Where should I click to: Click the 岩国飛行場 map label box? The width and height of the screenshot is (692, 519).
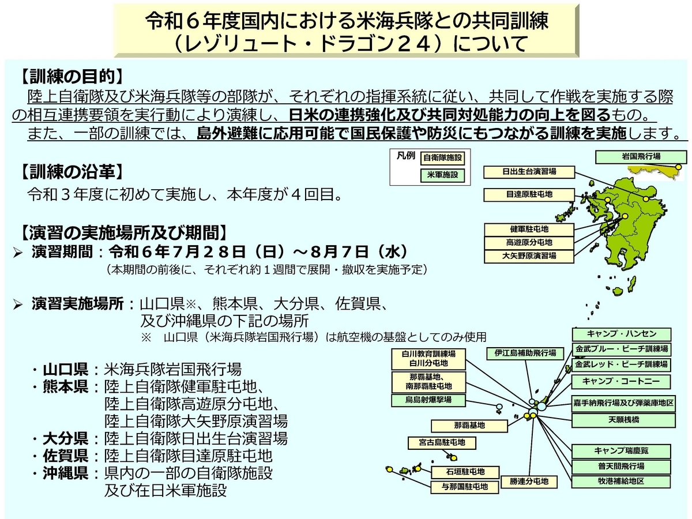tap(641, 157)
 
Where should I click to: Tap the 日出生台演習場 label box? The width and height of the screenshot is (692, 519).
tap(529, 172)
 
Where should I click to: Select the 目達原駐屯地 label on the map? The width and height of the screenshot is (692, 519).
tap(529, 195)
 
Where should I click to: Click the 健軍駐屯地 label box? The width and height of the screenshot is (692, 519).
tap(529, 230)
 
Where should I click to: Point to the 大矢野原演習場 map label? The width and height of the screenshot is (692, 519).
tap(529, 256)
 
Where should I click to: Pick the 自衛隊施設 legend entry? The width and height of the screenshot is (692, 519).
tap(442, 158)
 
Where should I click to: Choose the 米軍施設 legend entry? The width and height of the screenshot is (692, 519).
tap(442, 175)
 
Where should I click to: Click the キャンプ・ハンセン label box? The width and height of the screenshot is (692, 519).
tap(621, 334)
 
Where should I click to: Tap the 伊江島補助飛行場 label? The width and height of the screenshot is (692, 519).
tap(525, 353)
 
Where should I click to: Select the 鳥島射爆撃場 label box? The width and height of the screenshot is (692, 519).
tap(428, 400)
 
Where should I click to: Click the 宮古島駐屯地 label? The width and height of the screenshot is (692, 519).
tap(442, 443)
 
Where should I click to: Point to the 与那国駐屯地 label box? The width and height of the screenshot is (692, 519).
tap(465, 487)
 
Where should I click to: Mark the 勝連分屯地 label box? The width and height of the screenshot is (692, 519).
tap(529, 482)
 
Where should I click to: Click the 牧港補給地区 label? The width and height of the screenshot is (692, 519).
tap(620, 482)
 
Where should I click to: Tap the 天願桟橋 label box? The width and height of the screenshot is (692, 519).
tap(623, 420)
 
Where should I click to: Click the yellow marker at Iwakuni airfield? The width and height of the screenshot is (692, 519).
tap(679, 167)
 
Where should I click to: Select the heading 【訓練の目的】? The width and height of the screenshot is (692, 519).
tap(72, 76)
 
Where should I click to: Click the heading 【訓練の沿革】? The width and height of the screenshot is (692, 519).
tap(72, 172)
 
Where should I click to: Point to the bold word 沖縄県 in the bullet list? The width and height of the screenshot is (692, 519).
tap(65, 473)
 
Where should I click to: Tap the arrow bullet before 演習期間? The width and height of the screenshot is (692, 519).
tap(18, 253)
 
